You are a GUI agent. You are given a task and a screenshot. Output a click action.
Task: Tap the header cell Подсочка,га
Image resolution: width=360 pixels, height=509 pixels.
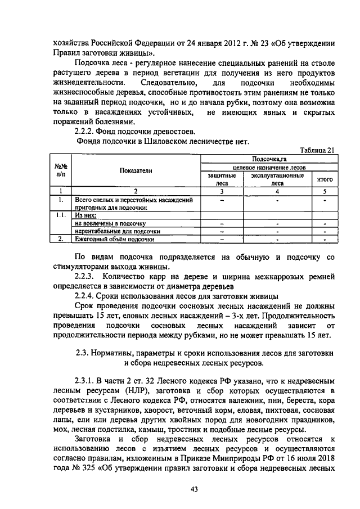[x=270, y=159]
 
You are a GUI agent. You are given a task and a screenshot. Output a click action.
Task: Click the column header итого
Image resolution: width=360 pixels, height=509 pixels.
[x=325, y=179]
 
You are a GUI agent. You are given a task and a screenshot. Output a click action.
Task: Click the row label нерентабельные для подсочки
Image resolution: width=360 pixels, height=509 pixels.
[x=118, y=231]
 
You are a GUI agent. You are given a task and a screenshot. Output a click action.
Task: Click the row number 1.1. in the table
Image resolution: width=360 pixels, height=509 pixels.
[x=60, y=215]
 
